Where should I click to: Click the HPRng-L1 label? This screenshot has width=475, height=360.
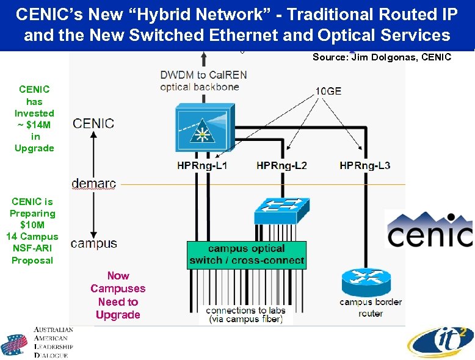pos(201,165)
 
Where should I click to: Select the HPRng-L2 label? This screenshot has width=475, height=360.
pos(281,165)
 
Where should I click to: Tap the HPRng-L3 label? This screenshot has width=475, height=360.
pos(364,165)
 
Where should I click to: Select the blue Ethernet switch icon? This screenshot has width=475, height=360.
pos(281,210)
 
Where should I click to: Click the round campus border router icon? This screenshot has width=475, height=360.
pos(370,281)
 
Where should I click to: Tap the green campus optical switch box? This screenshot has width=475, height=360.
pos(247,254)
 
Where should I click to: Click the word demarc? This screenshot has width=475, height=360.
pos(93,183)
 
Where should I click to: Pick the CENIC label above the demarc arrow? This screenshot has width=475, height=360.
pos(93,123)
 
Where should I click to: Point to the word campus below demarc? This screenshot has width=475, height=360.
pos(94,243)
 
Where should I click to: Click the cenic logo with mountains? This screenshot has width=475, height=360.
pos(429,230)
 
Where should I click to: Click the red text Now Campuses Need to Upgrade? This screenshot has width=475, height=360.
pos(118,295)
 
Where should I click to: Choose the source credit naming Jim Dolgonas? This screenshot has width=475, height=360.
pos(382,57)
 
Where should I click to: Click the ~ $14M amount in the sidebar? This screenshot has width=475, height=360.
pos(34,124)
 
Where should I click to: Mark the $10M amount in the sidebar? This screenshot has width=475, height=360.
pos(34,225)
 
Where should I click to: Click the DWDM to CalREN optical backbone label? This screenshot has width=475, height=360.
pos(199,81)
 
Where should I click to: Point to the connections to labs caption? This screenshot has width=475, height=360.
pos(245,314)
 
